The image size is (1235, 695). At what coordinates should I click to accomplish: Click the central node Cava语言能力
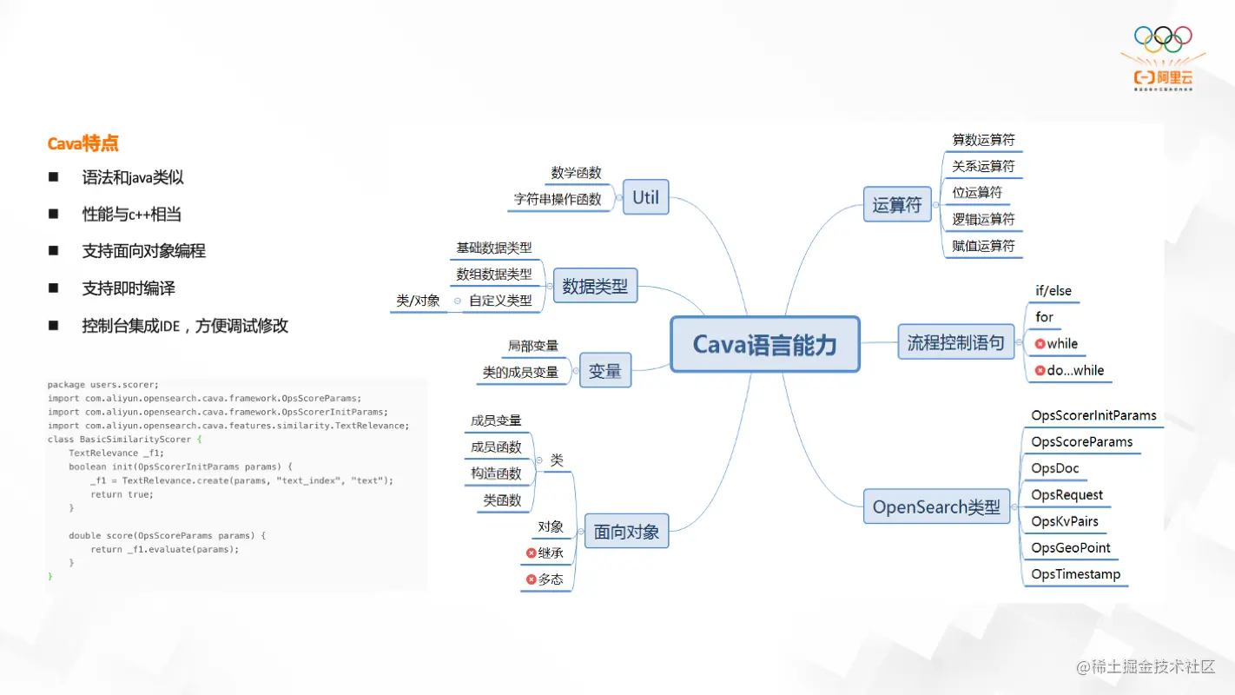pyautogui.click(x=764, y=344)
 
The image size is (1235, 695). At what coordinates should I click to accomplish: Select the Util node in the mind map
pyautogui.click(x=645, y=197)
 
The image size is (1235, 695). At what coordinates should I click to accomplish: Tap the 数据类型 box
pyautogui.click(x=595, y=286)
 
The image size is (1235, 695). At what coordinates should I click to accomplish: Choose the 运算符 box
pyautogui.click(x=897, y=205)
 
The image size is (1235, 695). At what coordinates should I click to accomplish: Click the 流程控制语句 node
pyautogui.click(x=955, y=342)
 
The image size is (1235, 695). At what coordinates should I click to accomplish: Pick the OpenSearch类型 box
pyautogui.click(x=936, y=506)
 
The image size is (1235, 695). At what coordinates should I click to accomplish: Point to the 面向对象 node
pyautogui.click(x=626, y=532)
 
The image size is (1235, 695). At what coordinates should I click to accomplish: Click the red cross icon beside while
pyautogui.click(x=1040, y=344)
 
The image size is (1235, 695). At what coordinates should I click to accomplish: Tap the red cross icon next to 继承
pyautogui.click(x=531, y=553)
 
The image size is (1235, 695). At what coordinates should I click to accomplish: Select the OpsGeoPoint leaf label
pyautogui.click(x=1071, y=547)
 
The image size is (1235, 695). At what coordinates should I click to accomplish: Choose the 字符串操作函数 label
pyautogui.click(x=557, y=199)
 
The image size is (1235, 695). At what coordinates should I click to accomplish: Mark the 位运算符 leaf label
pyautogui.click(x=977, y=192)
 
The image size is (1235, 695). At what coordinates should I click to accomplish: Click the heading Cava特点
pyautogui.click(x=83, y=143)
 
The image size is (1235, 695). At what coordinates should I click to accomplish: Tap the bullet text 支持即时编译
pyautogui.click(x=129, y=288)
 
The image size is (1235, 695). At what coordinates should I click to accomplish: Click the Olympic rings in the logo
pyautogui.click(x=1163, y=38)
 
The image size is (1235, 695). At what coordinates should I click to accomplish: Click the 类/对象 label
pyautogui.click(x=418, y=301)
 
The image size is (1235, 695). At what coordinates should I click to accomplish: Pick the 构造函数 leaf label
pyautogui.click(x=496, y=473)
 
